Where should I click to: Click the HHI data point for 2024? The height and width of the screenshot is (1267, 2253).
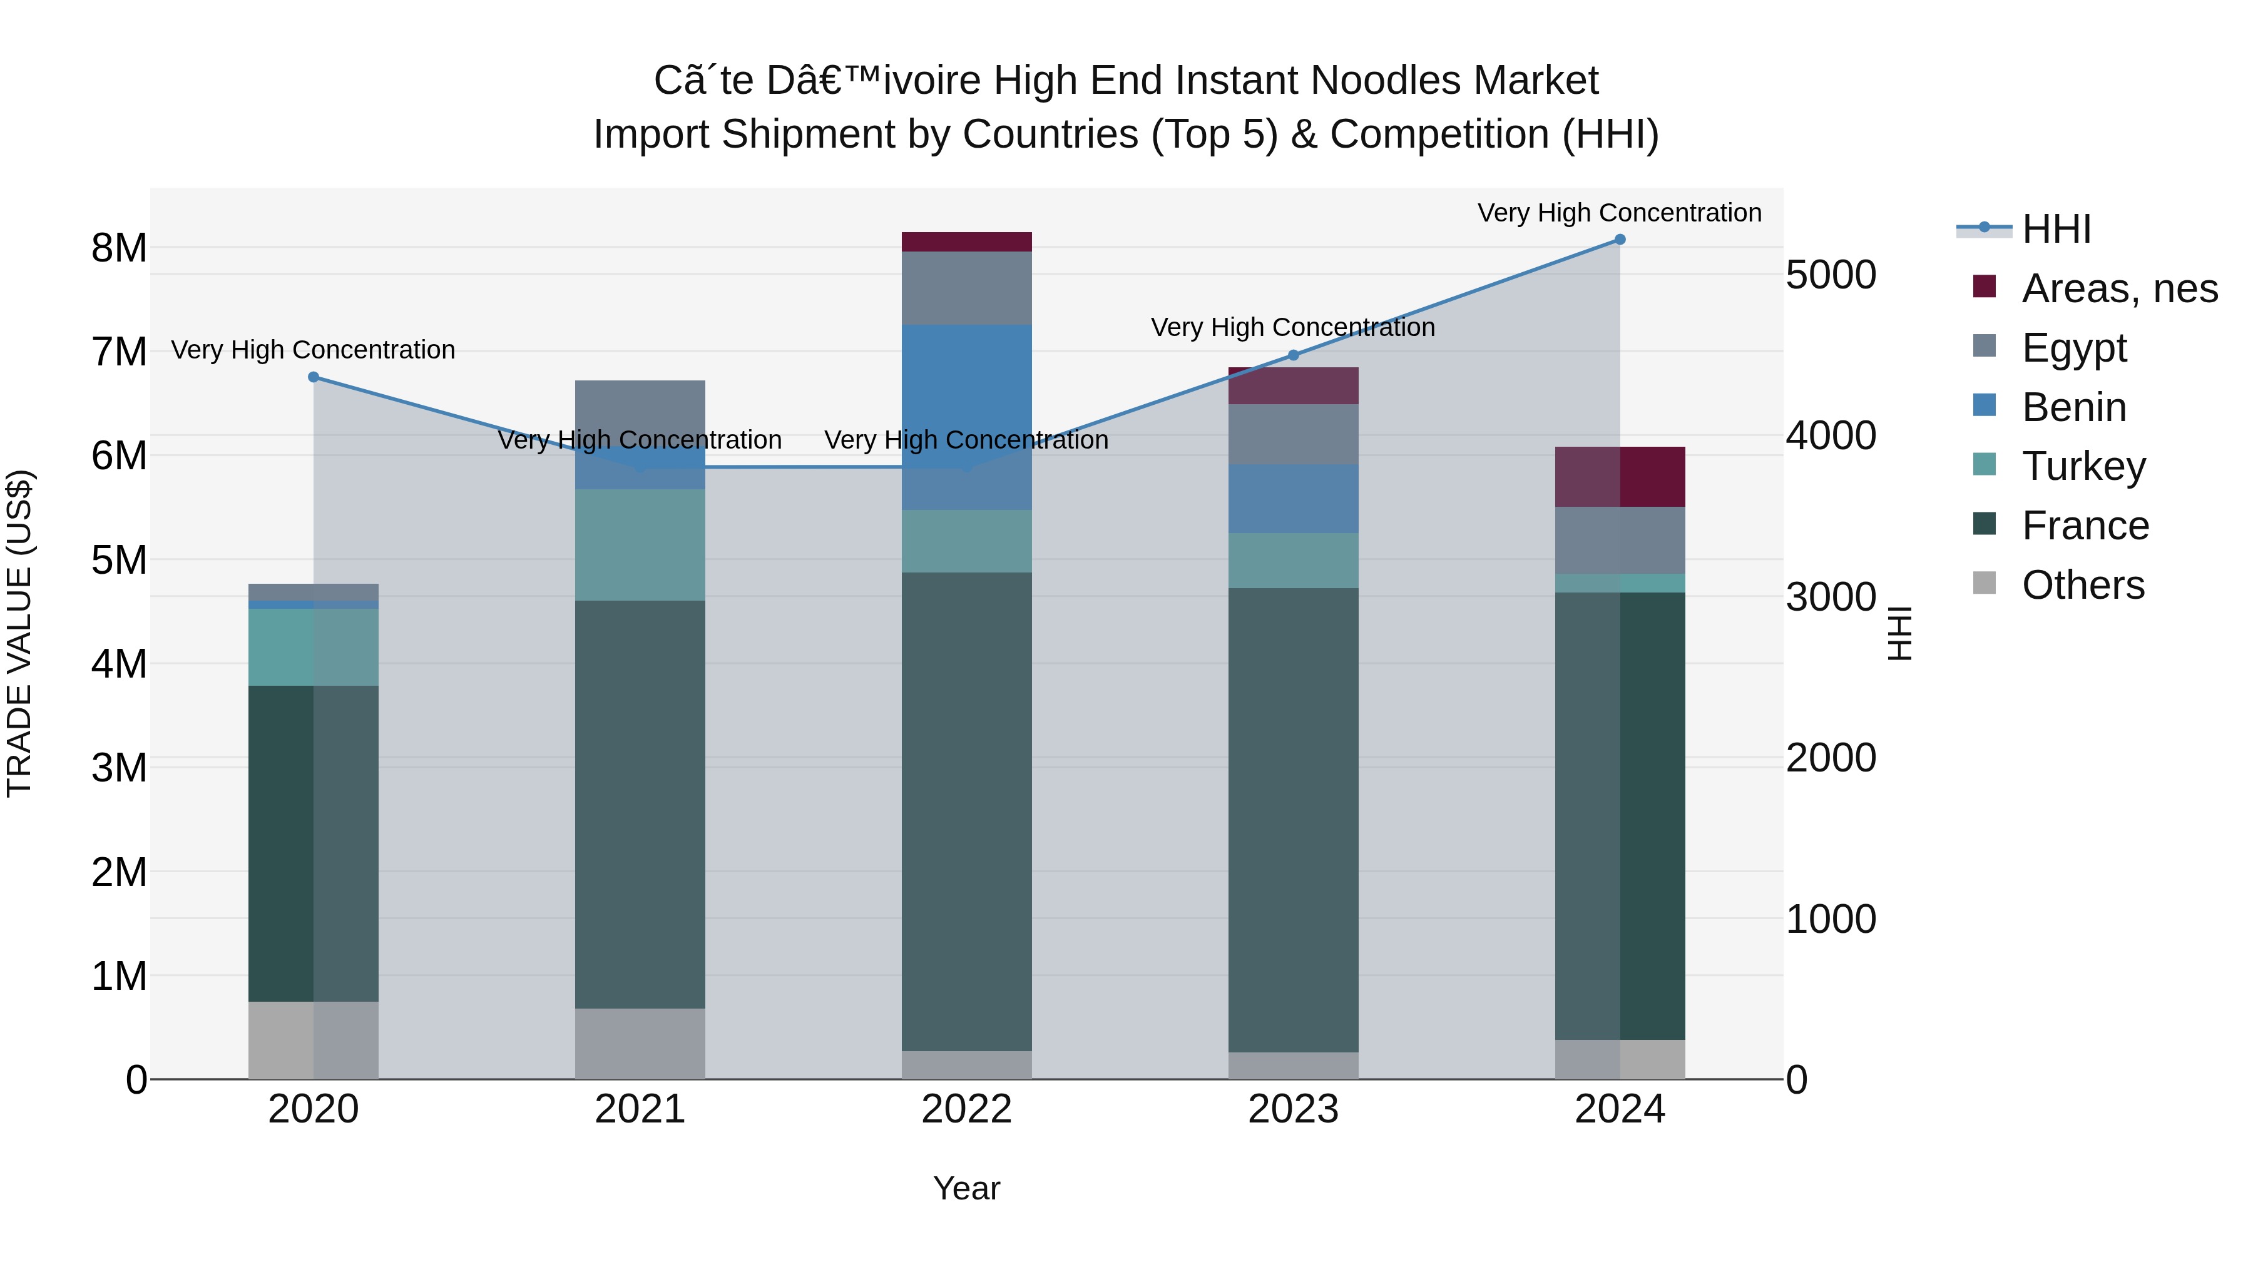[1620, 240]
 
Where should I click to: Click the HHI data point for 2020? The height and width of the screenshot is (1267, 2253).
[314, 377]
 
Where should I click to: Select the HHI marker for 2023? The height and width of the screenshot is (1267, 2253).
[1294, 355]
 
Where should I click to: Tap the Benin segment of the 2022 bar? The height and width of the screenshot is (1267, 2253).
[966, 417]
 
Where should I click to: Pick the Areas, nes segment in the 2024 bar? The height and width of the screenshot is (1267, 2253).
[1620, 477]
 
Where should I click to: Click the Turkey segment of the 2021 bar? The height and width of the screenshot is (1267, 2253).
[640, 545]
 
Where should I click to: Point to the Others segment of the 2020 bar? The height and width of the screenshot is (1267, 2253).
[314, 1040]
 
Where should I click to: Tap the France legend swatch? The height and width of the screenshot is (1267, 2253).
[1985, 525]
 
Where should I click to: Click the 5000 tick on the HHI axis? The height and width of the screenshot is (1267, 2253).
[1831, 275]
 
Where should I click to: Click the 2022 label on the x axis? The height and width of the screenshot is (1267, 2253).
[966, 1109]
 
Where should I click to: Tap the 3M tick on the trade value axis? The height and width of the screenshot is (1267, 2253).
[120, 768]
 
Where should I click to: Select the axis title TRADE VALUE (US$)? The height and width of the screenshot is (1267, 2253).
[19, 633]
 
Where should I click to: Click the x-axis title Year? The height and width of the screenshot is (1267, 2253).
[966, 1188]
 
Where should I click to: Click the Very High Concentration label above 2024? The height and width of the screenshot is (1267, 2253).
[1620, 213]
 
